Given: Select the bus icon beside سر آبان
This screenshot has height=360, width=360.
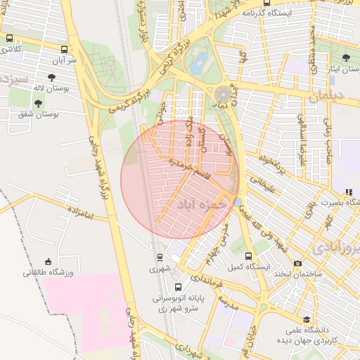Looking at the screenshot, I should click(65, 50).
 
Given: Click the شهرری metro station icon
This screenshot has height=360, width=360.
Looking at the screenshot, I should click(160, 257).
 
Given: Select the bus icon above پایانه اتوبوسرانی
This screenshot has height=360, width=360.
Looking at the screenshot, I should click(178, 287).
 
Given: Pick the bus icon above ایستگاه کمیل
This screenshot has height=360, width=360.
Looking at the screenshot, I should click(248, 257).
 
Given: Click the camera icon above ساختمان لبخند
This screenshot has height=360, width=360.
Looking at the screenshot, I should click(298, 263).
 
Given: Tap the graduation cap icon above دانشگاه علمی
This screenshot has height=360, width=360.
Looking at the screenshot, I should click(306, 319).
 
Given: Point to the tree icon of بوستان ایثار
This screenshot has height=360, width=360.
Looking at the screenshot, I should click(345, 58).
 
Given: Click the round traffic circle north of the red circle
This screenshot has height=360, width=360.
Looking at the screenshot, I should click(224, 94).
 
